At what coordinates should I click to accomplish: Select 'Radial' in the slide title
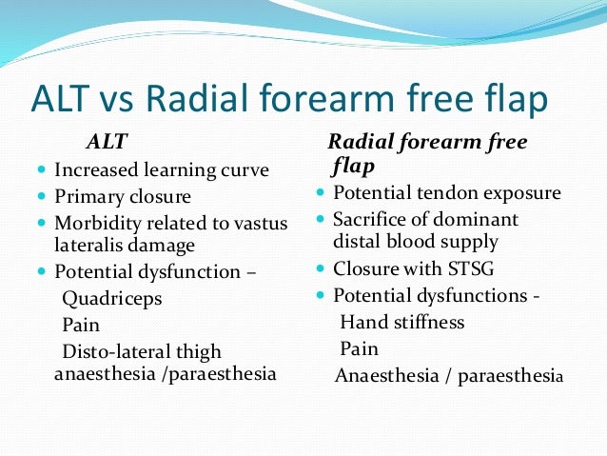[x=225, y=98]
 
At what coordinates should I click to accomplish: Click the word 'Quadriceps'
[x=111, y=299]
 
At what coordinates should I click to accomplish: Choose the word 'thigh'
[x=200, y=351]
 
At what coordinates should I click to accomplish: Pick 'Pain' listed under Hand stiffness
[x=359, y=347]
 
